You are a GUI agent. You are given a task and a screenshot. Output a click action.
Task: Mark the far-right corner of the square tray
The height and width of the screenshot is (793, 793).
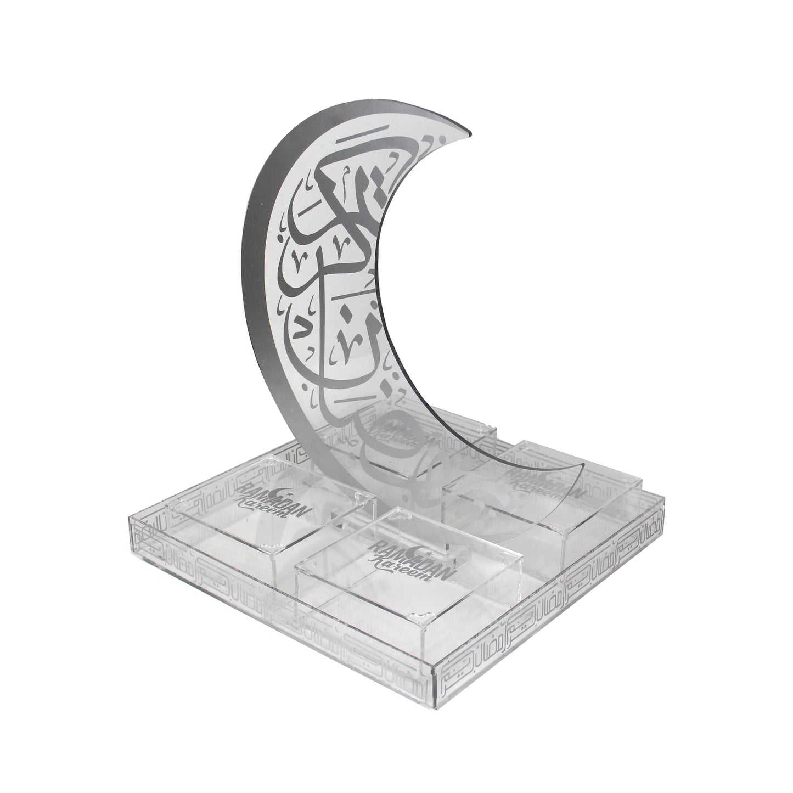tap(663, 497)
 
